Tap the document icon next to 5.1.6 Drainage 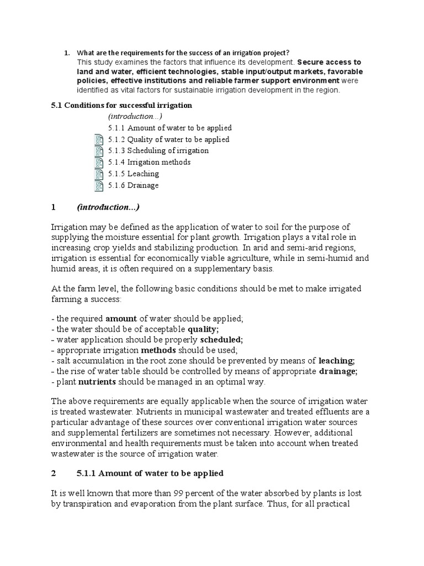click(99, 186)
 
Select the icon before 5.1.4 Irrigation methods click(99, 163)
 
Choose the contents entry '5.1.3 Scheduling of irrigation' click(159, 151)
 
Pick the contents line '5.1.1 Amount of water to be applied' click(170, 128)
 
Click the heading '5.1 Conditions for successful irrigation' click(121, 106)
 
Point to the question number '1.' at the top click(67, 53)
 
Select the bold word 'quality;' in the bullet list click(204, 329)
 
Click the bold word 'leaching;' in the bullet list click(338, 360)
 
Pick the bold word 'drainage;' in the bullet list click(338, 371)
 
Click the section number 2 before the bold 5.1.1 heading click(54, 474)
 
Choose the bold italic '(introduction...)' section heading click(108, 208)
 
